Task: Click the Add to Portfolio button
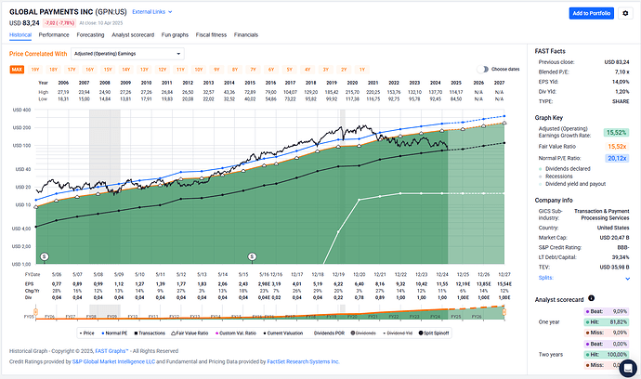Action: pyautogui.click(x=591, y=13)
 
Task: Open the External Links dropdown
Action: pyautogui.click(x=151, y=12)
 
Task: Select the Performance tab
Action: pyautogui.click(x=55, y=33)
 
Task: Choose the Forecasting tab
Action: pyautogui.click(x=90, y=33)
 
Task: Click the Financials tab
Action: pyautogui.click(x=246, y=33)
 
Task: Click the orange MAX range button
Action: pyautogui.click(x=17, y=70)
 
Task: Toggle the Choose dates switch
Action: pyautogui.click(x=483, y=70)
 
